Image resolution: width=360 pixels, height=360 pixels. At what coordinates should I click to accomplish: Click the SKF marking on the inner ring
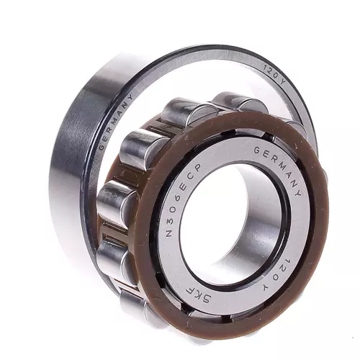pyautogui.click(x=198, y=294)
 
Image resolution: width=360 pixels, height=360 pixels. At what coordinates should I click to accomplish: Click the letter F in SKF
pyautogui.click(x=189, y=289)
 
